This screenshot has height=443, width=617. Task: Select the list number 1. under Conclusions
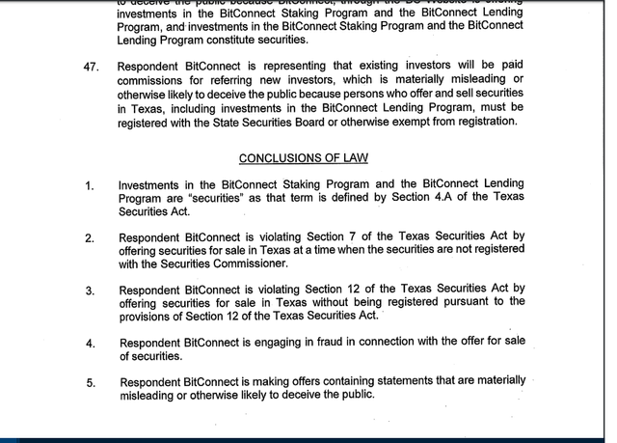pos(89,185)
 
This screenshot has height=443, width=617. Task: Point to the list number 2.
pos(89,238)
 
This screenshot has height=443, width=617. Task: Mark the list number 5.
pos(90,383)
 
